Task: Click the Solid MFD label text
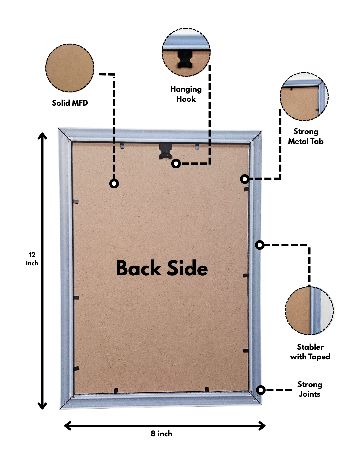pyautogui.click(x=70, y=103)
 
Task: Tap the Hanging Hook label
pyautogui.click(x=186, y=94)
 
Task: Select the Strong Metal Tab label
pyautogui.click(x=306, y=136)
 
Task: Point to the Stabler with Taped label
pyautogui.click(x=310, y=352)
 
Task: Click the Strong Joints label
pyautogui.click(x=310, y=389)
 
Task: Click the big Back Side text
pyautogui.click(x=162, y=268)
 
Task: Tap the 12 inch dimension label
pyautogui.click(x=32, y=259)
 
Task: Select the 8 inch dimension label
pyautogui.click(x=161, y=434)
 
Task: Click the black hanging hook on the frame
pyautogui.click(x=166, y=151)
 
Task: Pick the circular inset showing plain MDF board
pyautogui.click(x=70, y=68)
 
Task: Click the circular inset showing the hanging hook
pyautogui.click(x=186, y=52)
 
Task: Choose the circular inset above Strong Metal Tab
pyautogui.click(x=304, y=97)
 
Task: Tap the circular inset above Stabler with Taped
pyautogui.click(x=309, y=310)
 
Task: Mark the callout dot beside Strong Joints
pyautogui.click(x=261, y=390)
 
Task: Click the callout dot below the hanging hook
pyautogui.click(x=176, y=163)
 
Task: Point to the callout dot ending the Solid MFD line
pyautogui.click(x=114, y=183)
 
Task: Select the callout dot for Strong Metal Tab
pyautogui.click(x=245, y=179)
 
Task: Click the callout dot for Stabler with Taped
pyautogui.click(x=260, y=245)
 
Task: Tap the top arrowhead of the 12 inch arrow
pyautogui.click(x=42, y=135)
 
